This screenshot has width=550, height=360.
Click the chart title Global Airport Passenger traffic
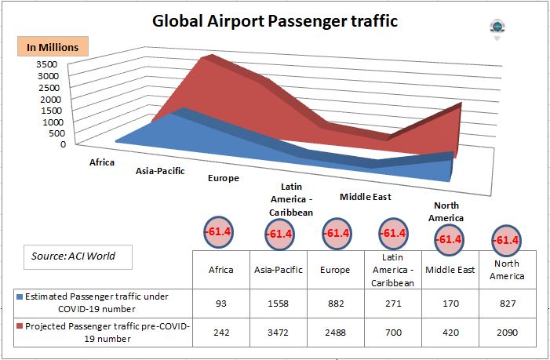pyautogui.click(x=275, y=21)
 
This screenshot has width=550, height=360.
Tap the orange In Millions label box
pyautogui.click(x=53, y=47)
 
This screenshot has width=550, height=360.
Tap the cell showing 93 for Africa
pyautogui.click(x=220, y=302)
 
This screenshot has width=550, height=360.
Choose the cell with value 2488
pyautogui.click(x=336, y=332)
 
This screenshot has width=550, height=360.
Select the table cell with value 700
pyautogui.click(x=392, y=332)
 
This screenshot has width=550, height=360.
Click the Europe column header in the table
pyautogui.click(x=336, y=270)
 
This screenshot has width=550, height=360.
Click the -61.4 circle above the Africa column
pyautogui.click(x=220, y=232)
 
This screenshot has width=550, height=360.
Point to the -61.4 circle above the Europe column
pyautogui.click(x=336, y=233)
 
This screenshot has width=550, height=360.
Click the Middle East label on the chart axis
pyautogui.click(x=365, y=197)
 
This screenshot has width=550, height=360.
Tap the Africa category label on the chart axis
pyautogui.click(x=102, y=163)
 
